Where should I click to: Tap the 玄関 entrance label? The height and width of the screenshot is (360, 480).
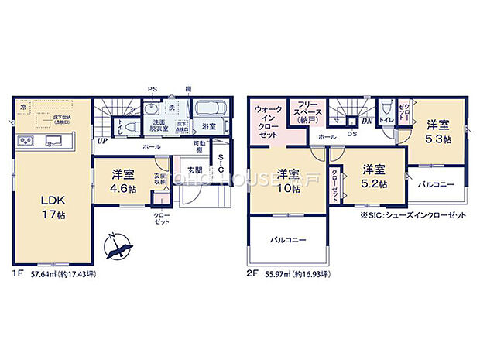tap(194, 170)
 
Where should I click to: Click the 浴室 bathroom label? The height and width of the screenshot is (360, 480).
tap(209, 125)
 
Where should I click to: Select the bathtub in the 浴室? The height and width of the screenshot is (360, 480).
tap(207, 108)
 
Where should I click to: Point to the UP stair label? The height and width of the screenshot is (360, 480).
tap(101, 142)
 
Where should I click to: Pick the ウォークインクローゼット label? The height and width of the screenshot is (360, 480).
tap(269, 122)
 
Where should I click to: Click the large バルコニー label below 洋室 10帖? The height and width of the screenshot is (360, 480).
tap(288, 241)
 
